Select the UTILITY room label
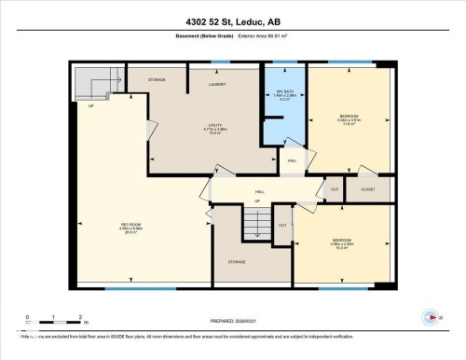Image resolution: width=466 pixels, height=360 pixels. [215, 129]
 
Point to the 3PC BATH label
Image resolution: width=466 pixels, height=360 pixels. [284, 92]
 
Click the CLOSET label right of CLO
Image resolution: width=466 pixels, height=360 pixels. [366, 188]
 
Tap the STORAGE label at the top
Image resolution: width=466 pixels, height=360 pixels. [157, 80]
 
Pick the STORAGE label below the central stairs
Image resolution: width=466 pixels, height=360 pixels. [236, 261]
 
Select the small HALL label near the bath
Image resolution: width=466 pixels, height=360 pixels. [292, 160]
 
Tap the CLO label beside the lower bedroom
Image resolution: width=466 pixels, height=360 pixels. [282, 225]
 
